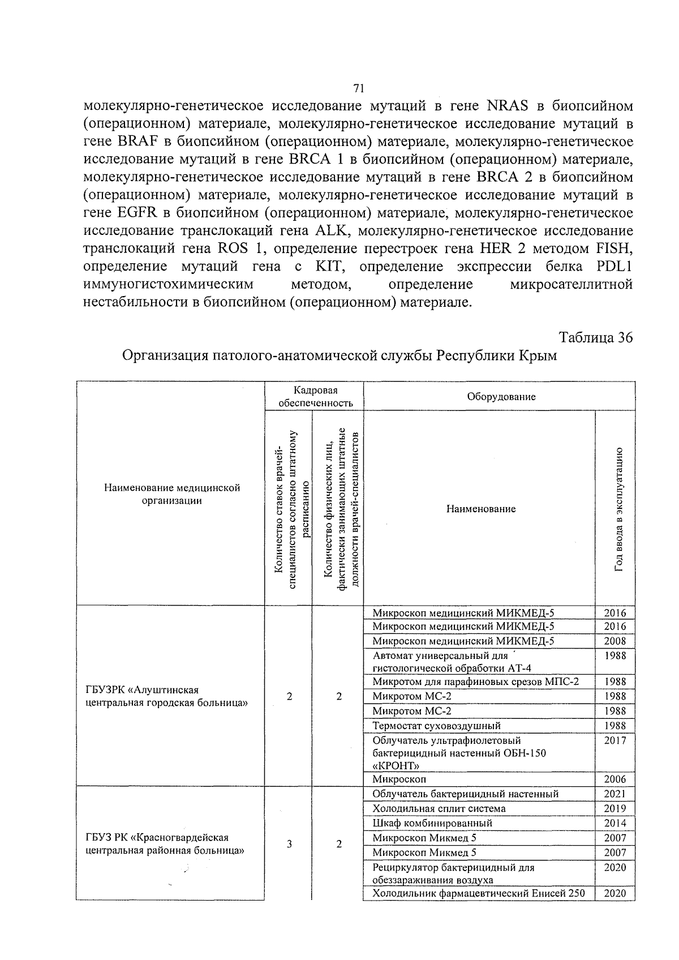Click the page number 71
pyautogui.click(x=358, y=88)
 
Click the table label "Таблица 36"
pyautogui.click(x=595, y=337)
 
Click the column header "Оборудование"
pyautogui.click(x=501, y=396)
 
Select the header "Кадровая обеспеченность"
pyautogui.click(x=315, y=396)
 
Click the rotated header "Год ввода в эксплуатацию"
pyautogui.click(x=620, y=508)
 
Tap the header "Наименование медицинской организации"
pyautogui.click(x=171, y=494)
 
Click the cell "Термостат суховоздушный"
pyautogui.click(x=436, y=726)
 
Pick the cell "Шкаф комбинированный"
pyautogui.click(x=432, y=823)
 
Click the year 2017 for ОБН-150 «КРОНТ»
pyautogui.click(x=615, y=740)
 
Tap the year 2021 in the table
pyautogui.click(x=615, y=794)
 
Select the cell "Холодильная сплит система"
pyautogui.click(x=439, y=808)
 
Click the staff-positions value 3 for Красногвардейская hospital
pyautogui.click(x=289, y=844)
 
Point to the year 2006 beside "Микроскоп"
pyautogui.click(x=615, y=779)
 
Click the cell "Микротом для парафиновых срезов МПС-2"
pyautogui.click(x=475, y=682)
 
